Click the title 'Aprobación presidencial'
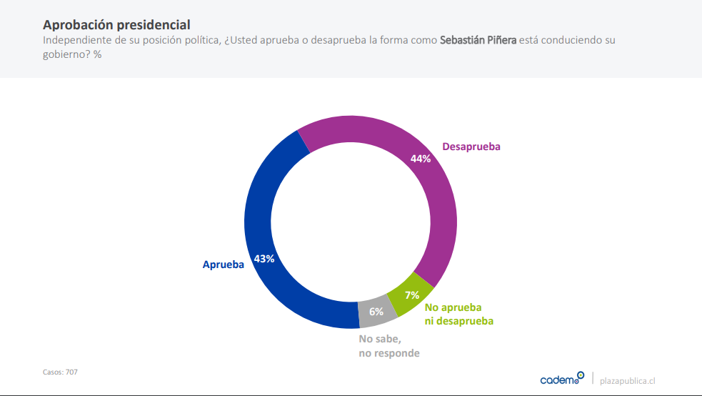[x=116, y=25]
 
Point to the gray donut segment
[x=376, y=313]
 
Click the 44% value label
[x=421, y=159]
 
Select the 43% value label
[x=264, y=259]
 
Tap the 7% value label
[x=412, y=294]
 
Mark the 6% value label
[x=376, y=312]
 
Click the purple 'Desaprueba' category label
[x=471, y=147]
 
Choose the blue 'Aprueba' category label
[x=224, y=264]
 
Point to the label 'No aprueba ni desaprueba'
[x=459, y=315]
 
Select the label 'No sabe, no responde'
[x=389, y=346]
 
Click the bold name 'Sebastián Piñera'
[x=478, y=40]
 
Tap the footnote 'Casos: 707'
[x=61, y=372]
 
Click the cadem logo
[x=562, y=379]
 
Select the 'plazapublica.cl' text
[x=628, y=380]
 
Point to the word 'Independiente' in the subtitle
[x=74, y=40]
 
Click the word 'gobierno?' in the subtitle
[x=66, y=55]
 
